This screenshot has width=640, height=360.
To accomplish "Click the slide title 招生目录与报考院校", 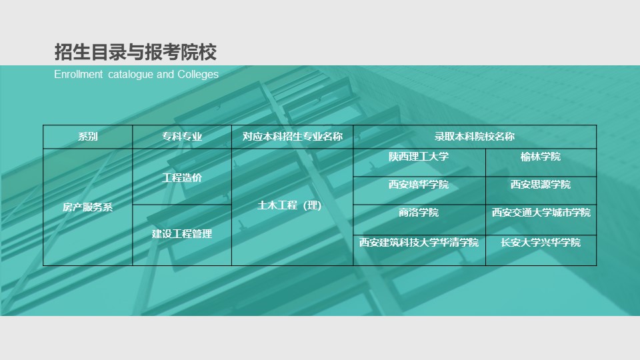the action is click(135, 52).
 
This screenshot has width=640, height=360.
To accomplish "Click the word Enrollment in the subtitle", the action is click(79, 74).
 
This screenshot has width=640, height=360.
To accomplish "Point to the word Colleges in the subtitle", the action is click(198, 74).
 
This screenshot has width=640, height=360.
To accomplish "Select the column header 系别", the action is click(88, 136).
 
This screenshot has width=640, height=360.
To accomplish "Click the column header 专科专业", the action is click(182, 136).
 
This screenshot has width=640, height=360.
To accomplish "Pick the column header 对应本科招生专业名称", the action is click(292, 136).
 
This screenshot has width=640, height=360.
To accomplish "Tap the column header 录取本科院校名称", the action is click(474, 136).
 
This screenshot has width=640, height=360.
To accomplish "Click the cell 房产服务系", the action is click(88, 207).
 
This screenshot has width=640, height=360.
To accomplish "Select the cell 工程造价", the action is click(182, 177).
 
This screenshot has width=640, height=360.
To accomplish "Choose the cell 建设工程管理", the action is click(182, 234).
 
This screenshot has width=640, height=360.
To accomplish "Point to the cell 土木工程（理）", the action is click(289, 205).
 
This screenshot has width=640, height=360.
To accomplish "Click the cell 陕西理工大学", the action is click(419, 157).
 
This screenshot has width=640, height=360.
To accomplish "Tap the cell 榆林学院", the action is click(541, 157).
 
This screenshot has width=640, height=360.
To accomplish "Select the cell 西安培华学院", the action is click(419, 185).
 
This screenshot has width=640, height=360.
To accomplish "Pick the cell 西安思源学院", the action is click(541, 185).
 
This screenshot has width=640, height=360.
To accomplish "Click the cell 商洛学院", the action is click(419, 213).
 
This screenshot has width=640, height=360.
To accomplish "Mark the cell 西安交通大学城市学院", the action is click(541, 213).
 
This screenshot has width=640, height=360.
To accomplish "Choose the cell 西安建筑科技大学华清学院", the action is click(419, 243).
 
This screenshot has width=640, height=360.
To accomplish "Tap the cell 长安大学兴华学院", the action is click(541, 243).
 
